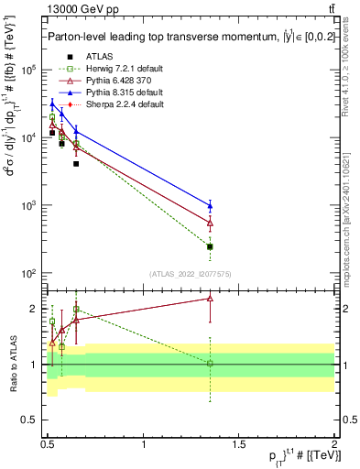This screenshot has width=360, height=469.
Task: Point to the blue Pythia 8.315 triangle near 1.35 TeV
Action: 211,205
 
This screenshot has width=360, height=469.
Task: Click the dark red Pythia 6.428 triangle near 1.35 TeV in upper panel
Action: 211,223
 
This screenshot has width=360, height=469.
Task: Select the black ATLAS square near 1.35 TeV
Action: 211,246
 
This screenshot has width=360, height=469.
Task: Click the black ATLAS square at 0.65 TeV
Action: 76,164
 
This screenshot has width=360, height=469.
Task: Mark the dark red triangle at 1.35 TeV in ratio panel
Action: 211,298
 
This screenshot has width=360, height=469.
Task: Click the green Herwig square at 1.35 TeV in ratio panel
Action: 211,364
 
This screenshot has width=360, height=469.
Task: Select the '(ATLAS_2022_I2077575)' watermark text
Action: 190,274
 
